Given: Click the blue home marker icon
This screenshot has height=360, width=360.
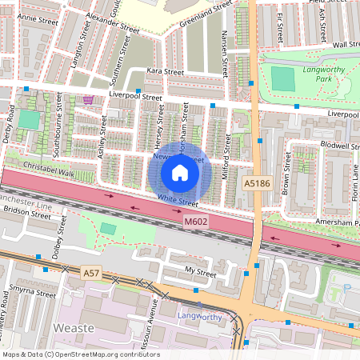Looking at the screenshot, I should click(180, 172).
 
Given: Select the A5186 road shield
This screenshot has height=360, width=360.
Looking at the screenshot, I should click(254, 184).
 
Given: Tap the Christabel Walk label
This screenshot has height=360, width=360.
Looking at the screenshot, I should click(50, 173).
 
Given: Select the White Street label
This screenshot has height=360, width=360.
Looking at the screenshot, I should click(177, 199).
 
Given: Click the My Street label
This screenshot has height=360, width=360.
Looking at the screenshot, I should click(200, 273).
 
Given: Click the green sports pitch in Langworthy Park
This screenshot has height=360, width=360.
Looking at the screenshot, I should click(282, 78).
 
